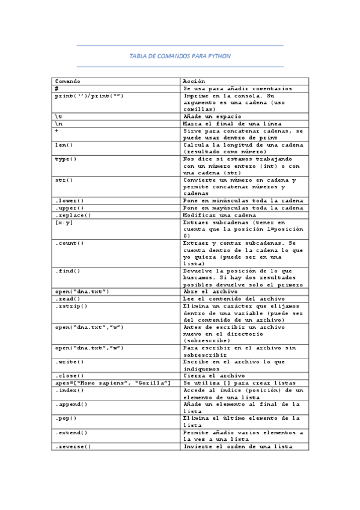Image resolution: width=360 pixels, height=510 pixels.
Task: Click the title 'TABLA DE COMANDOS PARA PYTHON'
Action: pos(180,55)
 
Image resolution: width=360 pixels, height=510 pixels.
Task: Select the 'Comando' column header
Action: pos(67,81)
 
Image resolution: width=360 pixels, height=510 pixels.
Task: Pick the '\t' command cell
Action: pos(58,116)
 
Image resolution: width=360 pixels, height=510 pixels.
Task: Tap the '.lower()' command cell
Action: pos(69,201)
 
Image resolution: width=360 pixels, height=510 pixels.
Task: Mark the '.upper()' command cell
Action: pos(69,208)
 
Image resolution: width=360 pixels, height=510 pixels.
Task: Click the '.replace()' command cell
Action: pos(73,215)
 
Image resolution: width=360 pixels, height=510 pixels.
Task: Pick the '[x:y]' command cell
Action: pos(64,222)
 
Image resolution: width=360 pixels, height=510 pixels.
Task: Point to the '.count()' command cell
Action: pos(69,243)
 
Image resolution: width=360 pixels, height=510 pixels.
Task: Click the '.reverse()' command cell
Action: pos(73,446)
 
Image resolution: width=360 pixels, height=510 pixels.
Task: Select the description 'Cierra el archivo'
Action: pos(214,376)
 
